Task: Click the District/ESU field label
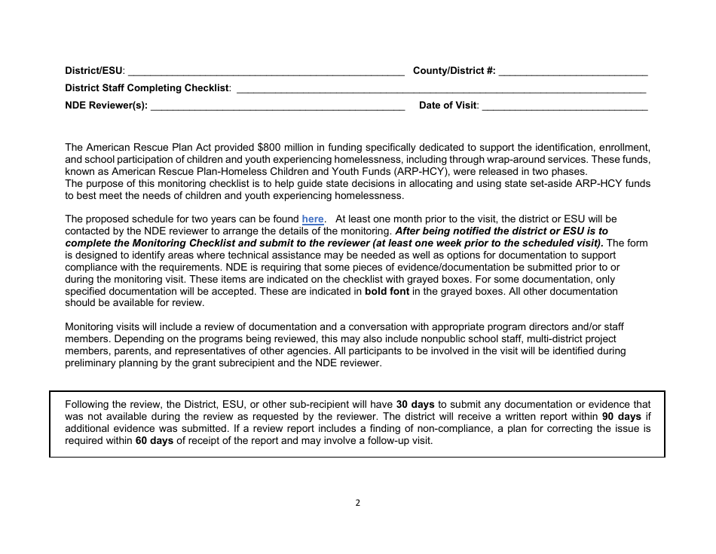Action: tap(95, 71)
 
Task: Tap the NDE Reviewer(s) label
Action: tap(106, 106)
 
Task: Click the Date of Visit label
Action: tap(448, 106)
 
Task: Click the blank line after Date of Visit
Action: tap(564, 107)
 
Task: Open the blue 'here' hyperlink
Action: tap(313, 219)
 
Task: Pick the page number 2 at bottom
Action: tap(358, 503)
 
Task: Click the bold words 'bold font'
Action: tap(391, 291)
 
